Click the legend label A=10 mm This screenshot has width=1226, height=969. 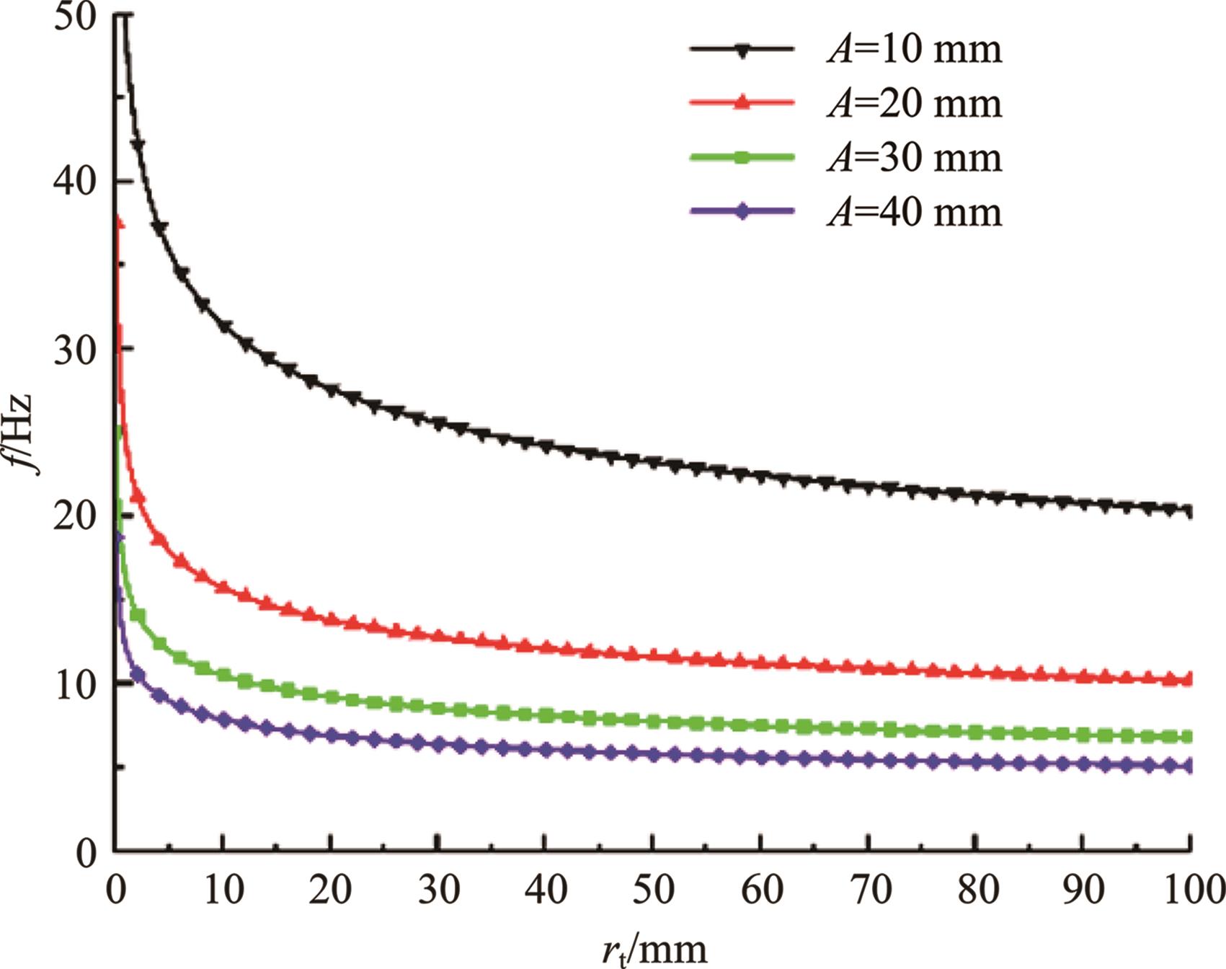pyautogui.click(x=914, y=50)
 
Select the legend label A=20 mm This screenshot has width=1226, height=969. pyautogui.click(x=914, y=104)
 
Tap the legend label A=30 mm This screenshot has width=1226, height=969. pyautogui.click(x=914, y=158)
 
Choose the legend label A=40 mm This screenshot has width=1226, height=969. pyautogui.click(x=914, y=212)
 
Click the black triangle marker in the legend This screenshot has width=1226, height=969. pyautogui.click(x=742, y=50)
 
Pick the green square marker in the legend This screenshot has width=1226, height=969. pyautogui.click(x=742, y=158)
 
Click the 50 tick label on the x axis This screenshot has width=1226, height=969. pyautogui.click(x=652, y=890)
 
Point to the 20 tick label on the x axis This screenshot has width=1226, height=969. pyautogui.click(x=330, y=890)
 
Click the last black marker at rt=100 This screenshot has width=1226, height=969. pyautogui.click(x=1188, y=511)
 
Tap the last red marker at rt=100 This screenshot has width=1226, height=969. pyautogui.click(x=1188, y=678)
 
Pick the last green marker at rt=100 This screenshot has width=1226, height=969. pyautogui.click(x=1188, y=737)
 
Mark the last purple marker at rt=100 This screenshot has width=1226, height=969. pyautogui.click(x=1188, y=766)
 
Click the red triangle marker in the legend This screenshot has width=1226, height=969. pyautogui.click(x=742, y=104)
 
